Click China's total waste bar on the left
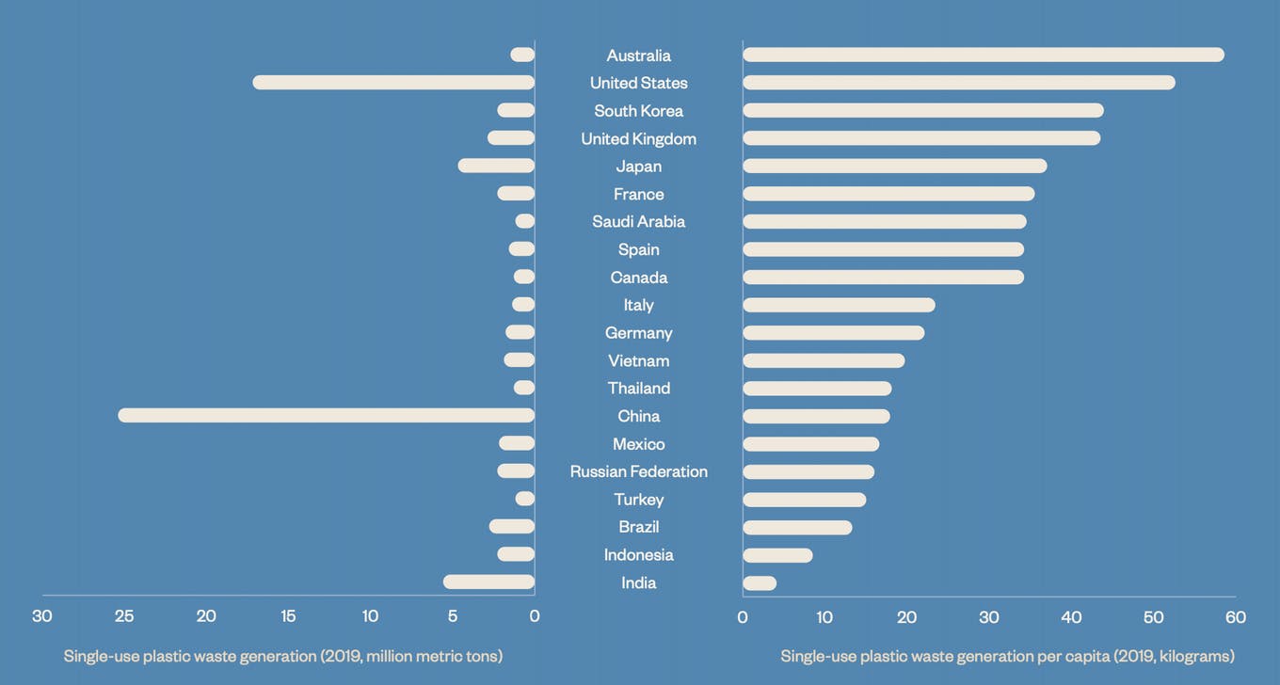point(326,415)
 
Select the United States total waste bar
point(393,83)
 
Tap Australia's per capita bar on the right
point(983,55)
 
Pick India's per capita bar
point(760,583)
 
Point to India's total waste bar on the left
point(488,582)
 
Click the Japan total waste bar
point(496,166)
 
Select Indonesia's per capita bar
point(777,555)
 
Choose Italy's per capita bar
point(839,305)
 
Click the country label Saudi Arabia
point(639,221)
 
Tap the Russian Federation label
point(639,471)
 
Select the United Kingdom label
point(639,138)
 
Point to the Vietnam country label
point(639,360)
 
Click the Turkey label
point(639,499)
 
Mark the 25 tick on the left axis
point(124,616)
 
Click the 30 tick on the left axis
point(42,616)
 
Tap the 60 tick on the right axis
point(1236,617)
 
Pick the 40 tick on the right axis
point(1071,617)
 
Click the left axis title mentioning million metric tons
point(283,656)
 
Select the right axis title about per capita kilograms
point(1007,656)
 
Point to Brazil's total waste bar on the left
point(511,527)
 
